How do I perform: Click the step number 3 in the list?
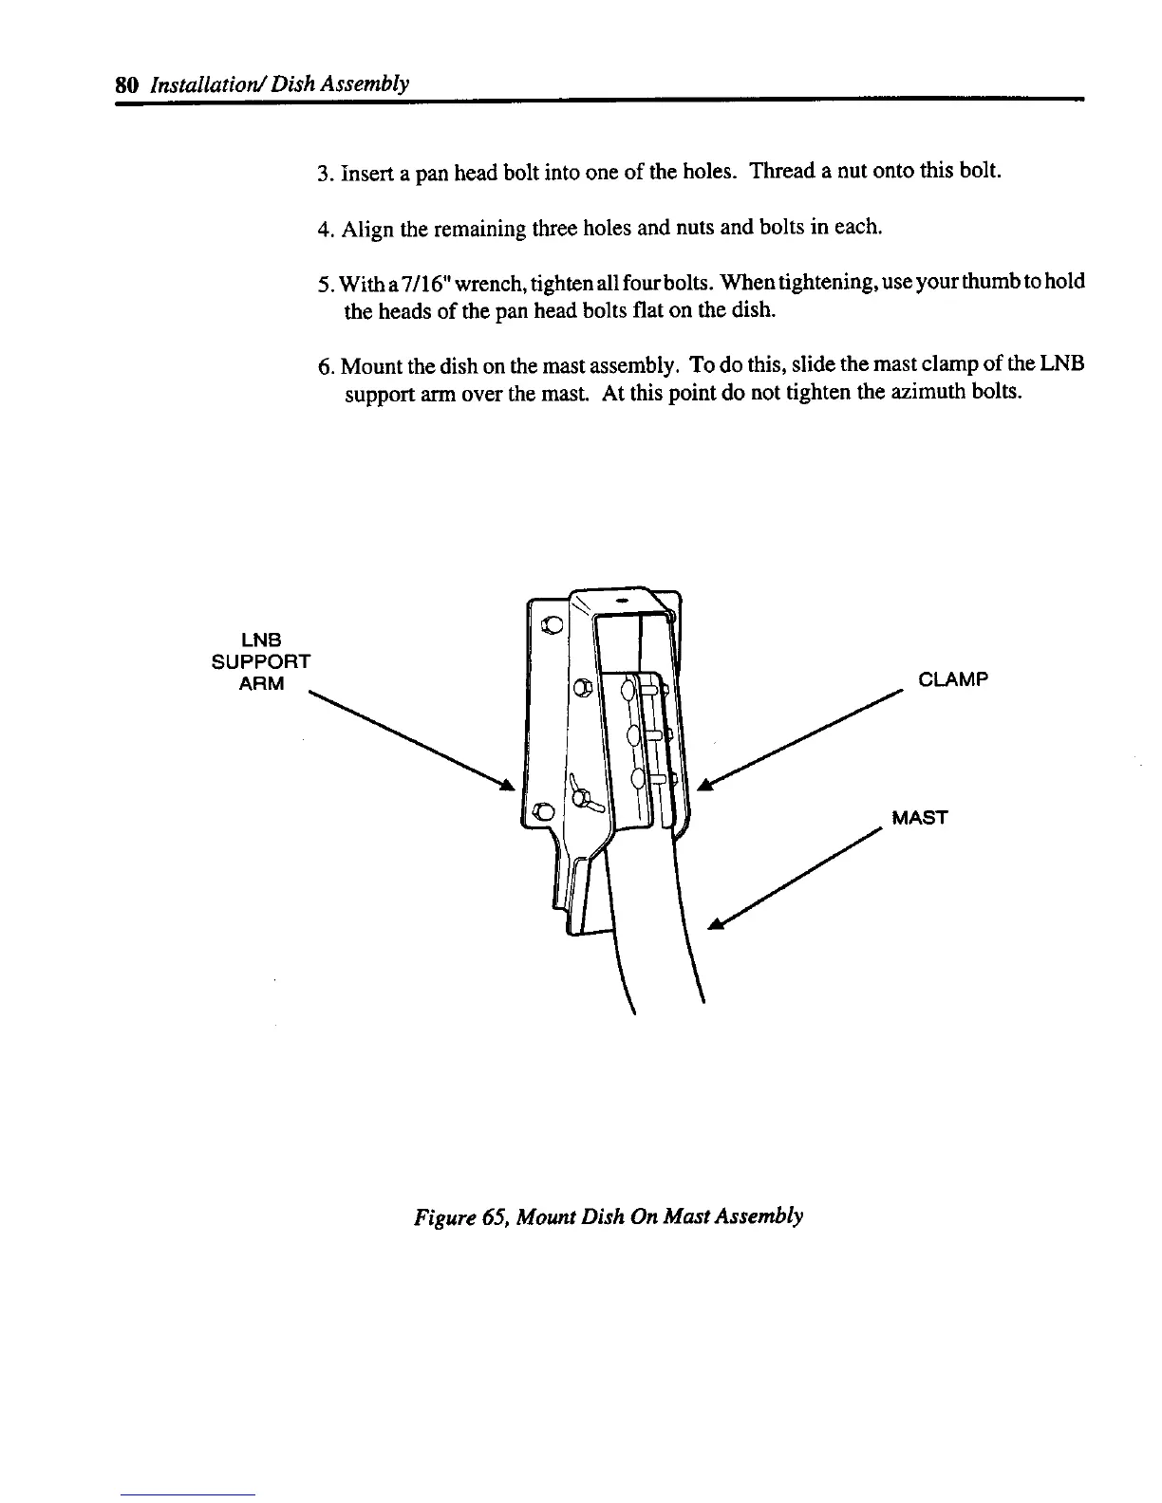[x=323, y=175]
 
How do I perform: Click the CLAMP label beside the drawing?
[x=954, y=679]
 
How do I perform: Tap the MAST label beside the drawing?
[x=919, y=818]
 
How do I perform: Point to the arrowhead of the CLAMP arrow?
[x=704, y=784]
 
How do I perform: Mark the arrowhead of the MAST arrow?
[x=716, y=924]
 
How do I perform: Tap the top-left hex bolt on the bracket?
[x=548, y=625]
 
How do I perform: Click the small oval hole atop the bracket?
[x=622, y=602]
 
